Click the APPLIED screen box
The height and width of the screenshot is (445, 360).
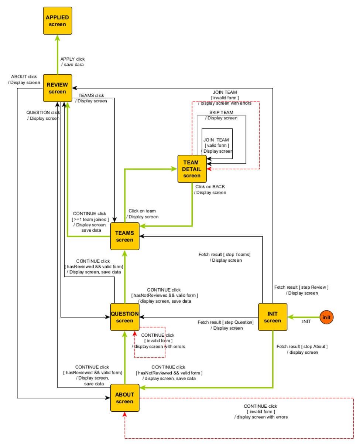[57, 21]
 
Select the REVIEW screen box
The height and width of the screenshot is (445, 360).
[57, 88]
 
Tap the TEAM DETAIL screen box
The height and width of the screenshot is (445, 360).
[192, 169]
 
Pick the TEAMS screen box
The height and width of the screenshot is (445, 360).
[124, 236]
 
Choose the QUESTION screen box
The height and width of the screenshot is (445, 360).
[124, 317]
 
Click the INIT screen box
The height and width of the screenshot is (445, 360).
[272, 317]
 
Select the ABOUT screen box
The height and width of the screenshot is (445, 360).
[124, 398]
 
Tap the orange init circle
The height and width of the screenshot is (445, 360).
[326, 317]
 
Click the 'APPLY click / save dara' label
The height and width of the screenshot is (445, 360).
[72, 62]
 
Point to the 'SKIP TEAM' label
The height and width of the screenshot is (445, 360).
[221, 112]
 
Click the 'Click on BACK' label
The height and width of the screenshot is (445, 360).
[210, 186]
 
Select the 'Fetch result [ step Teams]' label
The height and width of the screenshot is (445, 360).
[224, 254]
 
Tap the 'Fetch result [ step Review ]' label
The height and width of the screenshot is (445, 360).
[301, 287]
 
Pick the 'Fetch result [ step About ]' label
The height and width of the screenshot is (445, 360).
[302, 346]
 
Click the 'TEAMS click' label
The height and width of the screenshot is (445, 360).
[91, 95]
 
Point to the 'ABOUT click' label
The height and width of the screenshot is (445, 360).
[24, 77]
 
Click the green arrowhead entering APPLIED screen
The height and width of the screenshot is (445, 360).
[58, 38]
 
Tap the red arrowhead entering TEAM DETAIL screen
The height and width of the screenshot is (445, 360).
[209, 169]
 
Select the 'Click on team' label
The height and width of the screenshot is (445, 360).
[142, 211]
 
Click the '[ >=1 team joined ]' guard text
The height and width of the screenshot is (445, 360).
[90, 219]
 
